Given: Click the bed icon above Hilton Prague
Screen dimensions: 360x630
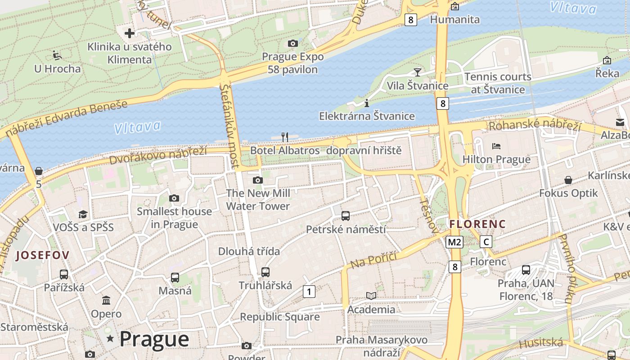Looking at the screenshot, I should point(496,146).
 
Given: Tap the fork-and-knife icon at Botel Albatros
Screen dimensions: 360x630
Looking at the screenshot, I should point(284,137).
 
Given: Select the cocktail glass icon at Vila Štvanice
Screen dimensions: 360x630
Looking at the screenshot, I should point(418,72).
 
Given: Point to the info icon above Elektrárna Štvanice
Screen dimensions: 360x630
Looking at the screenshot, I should point(367,103).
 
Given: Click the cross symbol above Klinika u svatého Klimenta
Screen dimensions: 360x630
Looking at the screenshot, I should point(130,33).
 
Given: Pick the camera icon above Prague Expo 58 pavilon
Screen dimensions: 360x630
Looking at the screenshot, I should point(292,43).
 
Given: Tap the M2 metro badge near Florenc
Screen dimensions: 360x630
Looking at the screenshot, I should point(454,242).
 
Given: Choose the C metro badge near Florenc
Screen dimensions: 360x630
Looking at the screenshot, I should point(486,242).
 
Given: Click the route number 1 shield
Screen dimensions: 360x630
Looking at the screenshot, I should point(309,292).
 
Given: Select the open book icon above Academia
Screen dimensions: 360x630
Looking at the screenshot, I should point(371,296).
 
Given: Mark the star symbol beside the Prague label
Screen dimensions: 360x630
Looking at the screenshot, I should point(110,338).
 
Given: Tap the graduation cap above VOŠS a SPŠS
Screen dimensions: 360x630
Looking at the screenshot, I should point(83,214).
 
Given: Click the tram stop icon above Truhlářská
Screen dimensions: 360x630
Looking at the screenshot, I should point(265,272).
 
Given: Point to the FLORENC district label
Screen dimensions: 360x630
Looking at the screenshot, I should point(477,224).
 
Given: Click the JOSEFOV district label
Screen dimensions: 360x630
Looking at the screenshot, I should point(43,256).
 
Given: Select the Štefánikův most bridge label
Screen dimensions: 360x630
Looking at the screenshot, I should point(229,126).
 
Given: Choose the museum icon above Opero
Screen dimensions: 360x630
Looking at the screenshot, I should point(106,300).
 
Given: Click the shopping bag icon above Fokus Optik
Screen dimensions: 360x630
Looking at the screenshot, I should point(568,180).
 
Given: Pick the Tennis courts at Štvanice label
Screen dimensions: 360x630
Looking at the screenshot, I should point(498,83).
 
